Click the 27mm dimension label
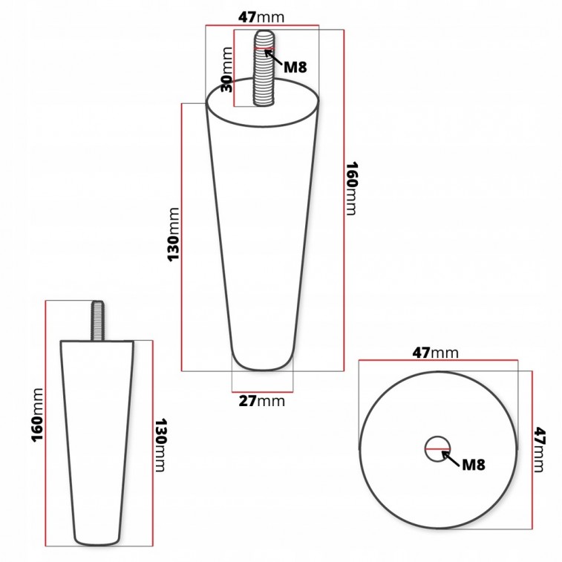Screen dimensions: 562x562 [261, 401]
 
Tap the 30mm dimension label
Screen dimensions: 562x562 [226, 70]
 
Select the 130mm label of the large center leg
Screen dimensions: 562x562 [173, 235]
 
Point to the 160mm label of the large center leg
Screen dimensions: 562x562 [352, 189]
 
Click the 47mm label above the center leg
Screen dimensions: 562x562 [261, 17]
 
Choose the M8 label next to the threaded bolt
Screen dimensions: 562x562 [295, 67]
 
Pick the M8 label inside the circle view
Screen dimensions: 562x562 [473, 465]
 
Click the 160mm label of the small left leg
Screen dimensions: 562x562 [37, 415]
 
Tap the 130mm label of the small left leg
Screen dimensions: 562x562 [160, 445]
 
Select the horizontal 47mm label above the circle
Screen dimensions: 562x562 [435, 353]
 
